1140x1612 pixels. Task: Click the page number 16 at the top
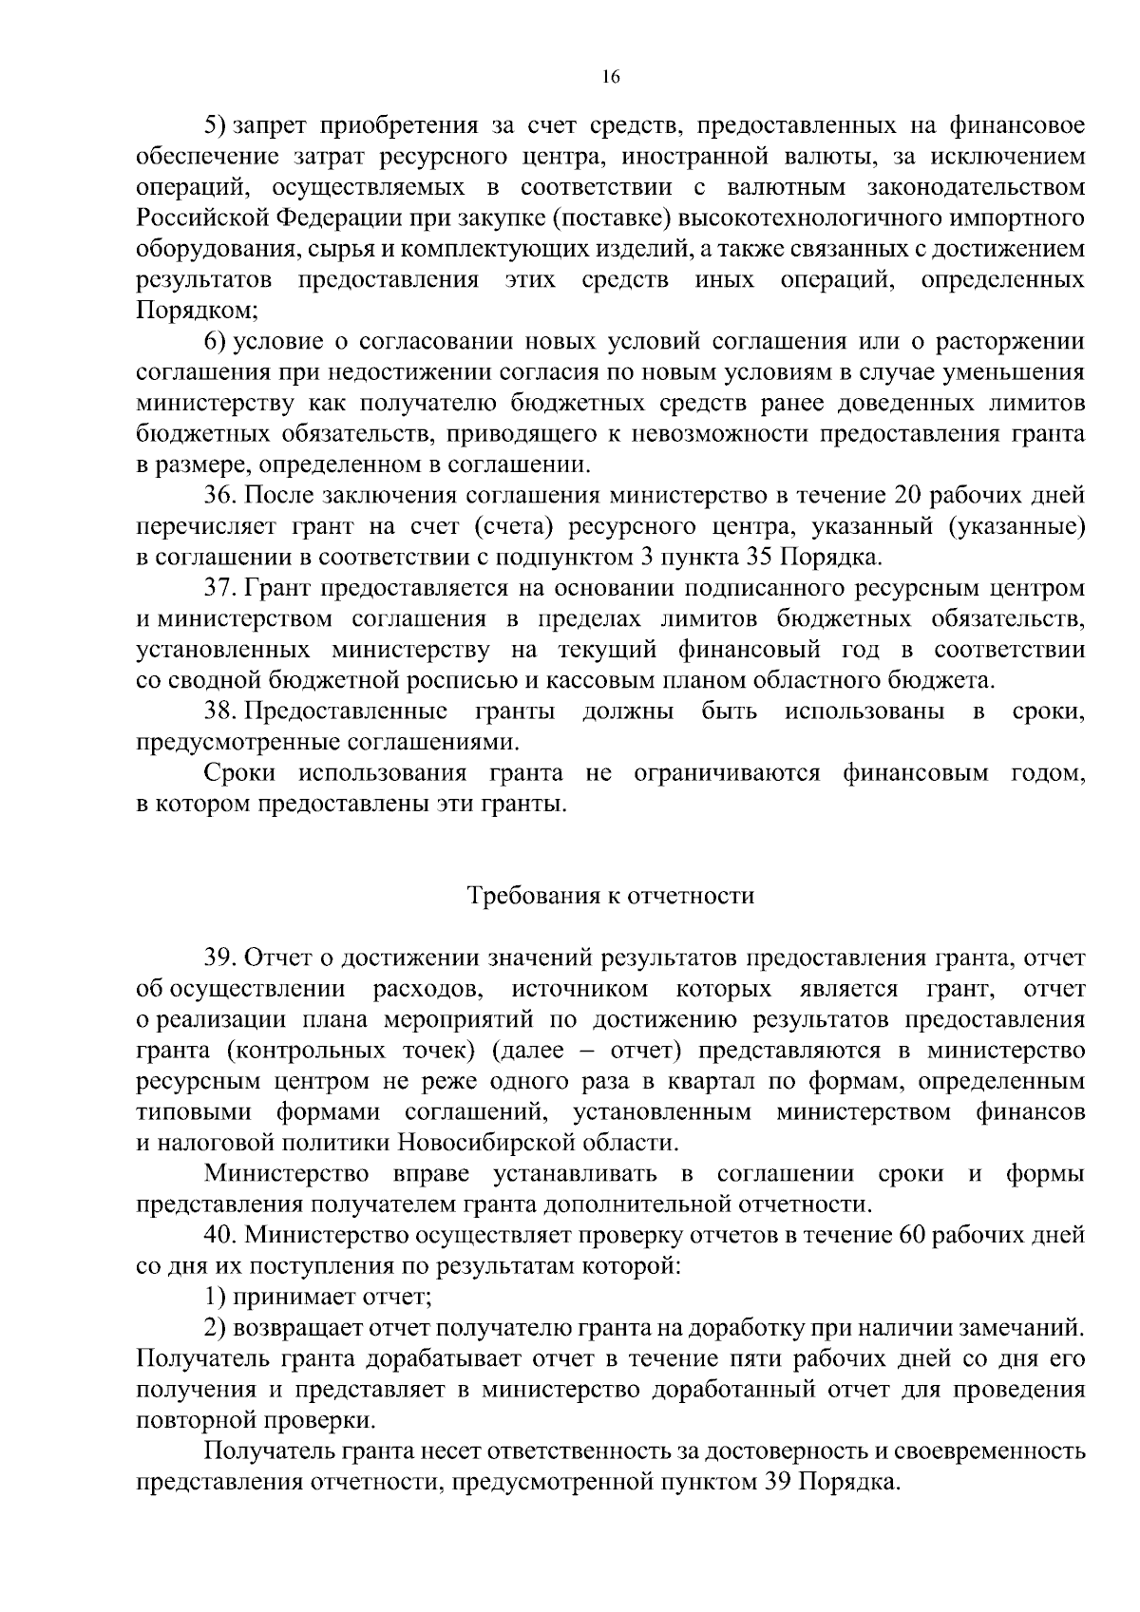[611, 78]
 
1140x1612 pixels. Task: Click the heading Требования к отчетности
[611, 896]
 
